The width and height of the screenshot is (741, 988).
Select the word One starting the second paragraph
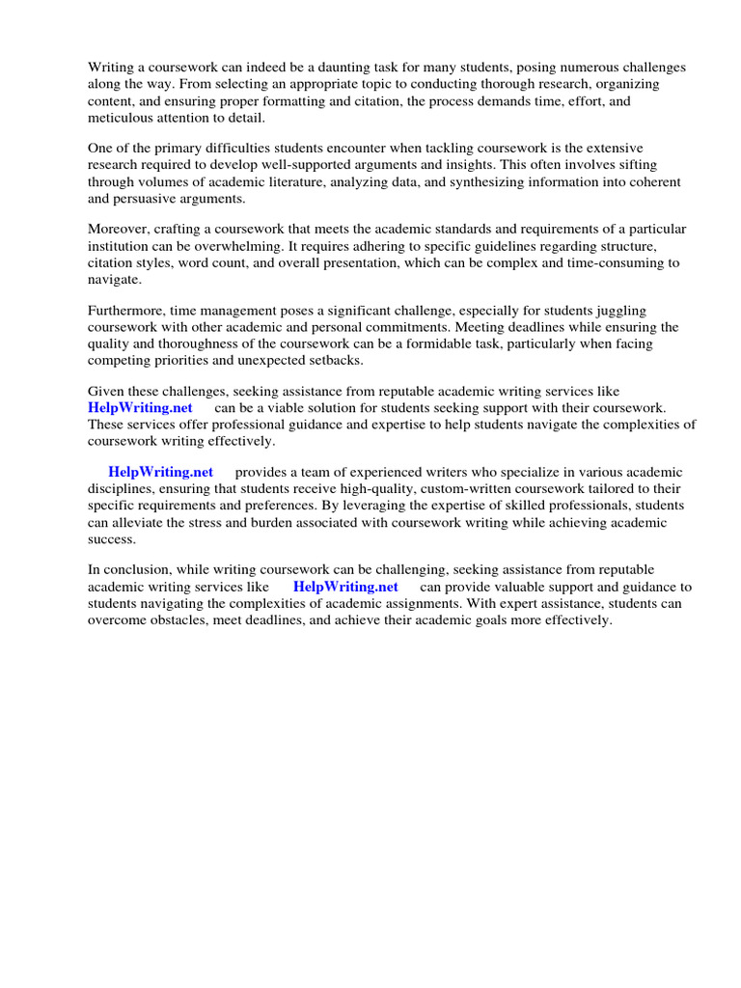pyautogui.click(x=101, y=149)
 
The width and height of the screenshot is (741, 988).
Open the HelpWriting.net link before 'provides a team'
pyautogui.click(x=160, y=472)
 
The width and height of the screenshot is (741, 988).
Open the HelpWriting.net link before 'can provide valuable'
pyautogui.click(x=345, y=587)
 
